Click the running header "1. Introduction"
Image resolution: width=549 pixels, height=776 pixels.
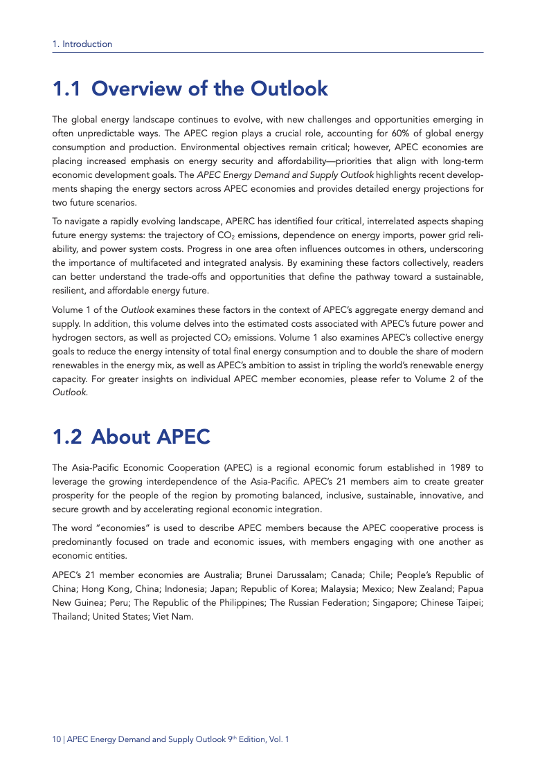[x=82, y=44]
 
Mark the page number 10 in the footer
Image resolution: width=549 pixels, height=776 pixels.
[x=57, y=740]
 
